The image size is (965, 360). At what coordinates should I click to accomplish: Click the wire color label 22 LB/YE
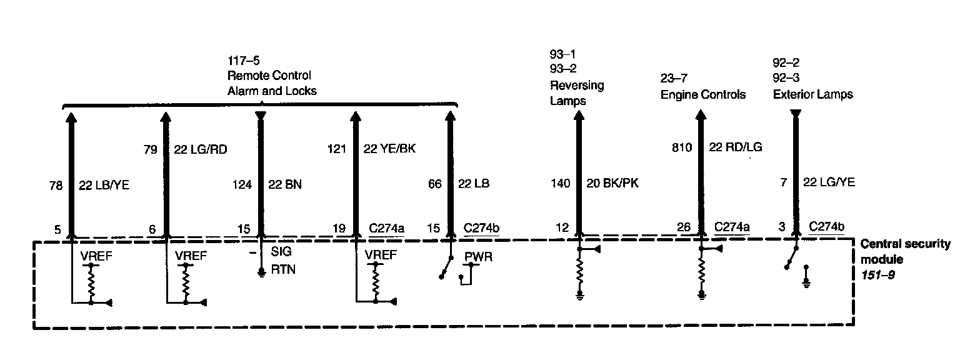click(x=104, y=185)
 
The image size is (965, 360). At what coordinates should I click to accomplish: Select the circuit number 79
click(x=151, y=149)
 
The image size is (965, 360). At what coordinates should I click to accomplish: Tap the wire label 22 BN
click(x=285, y=184)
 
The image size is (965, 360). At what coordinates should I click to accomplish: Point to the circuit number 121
click(x=336, y=149)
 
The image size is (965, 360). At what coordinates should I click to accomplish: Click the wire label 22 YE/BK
click(x=389, y=149)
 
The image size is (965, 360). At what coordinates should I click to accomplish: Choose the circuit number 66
click(x=434, y=184)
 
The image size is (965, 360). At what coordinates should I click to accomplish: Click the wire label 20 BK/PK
click(x=612, y=183)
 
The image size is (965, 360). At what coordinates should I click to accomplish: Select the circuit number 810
click(x=682, y=147)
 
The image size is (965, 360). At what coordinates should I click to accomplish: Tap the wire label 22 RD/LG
click(x=736, y=147)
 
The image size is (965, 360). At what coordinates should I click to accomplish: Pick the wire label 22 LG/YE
click(x=829, y=182)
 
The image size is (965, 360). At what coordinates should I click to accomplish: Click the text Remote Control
click(x=269, y=76)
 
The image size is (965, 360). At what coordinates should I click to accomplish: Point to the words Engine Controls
click(x=703, y=94)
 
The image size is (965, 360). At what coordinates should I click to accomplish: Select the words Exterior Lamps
click(x=813, y=94)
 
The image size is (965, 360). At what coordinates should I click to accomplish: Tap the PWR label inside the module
click(x=478, y=257)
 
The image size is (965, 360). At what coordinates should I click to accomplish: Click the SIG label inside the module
click(x=281, y=251)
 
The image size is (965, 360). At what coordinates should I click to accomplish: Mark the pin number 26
click(x=684, y=227)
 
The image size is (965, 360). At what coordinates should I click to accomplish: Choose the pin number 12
click(x=562, y=227)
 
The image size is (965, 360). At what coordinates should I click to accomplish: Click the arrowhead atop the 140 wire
click(x=579, y=115)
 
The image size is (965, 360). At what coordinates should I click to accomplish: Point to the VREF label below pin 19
click(x=381, y=255)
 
